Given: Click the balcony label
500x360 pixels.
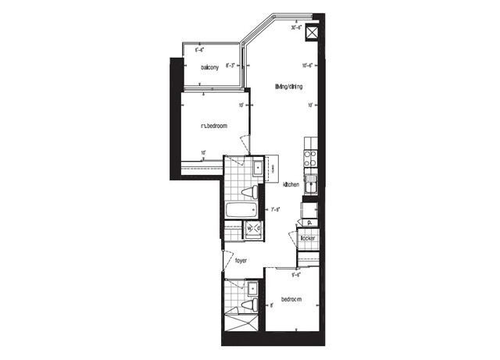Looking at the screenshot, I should click(x=208, y=67).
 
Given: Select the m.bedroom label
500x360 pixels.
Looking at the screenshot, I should click(x=213, y=126).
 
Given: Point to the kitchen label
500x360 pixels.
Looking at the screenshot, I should click(x=291, y=184).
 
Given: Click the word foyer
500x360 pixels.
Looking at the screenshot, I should click(x=240, y=260).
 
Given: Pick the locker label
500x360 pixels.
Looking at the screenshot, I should click(x=307, y=237).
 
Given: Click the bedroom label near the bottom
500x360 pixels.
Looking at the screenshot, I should click(x=291, y=300).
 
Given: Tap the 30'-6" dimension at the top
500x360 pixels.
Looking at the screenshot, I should click(x=296, y=27).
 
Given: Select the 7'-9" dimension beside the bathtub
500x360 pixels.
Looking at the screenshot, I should click(x=275, y=209).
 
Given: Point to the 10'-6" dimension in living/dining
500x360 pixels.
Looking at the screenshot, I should click(x=309, y=66).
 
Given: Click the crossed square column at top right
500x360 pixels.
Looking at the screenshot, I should click(x=312, y=34).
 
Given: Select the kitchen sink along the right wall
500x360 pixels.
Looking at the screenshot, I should click(x=310, y=185).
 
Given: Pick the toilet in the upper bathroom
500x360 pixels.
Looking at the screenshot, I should click(x=249, y=191).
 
